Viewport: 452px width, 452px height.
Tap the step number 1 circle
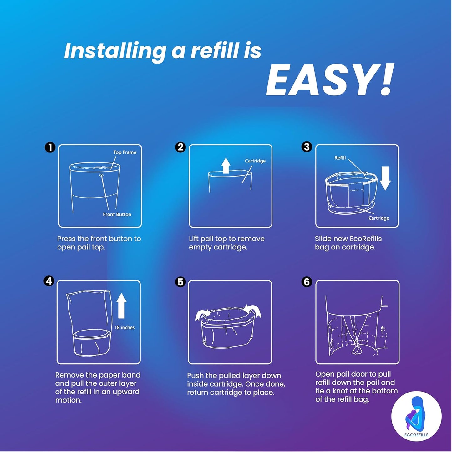[50, 147]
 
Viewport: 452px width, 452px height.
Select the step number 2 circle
[180, 147]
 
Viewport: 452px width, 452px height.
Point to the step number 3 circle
[307, 146]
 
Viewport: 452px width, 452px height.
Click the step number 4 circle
[49, 281]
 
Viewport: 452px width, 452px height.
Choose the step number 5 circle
[180, 282]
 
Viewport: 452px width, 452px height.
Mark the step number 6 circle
[307, 282]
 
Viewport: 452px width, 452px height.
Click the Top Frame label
[125, 152]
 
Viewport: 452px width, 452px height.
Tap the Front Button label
[117, 214]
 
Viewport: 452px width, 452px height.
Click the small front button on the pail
[101, 175]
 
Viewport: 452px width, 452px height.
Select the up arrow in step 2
[226, 165]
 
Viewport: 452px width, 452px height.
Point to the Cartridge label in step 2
[255, 161]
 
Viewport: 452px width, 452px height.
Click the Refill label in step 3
[340, 158]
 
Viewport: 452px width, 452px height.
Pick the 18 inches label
[124, 327]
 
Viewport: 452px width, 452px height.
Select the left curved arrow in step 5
[201, 314]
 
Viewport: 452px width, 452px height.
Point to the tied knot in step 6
[356, 350]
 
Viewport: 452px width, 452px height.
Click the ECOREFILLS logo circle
[416, 416]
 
